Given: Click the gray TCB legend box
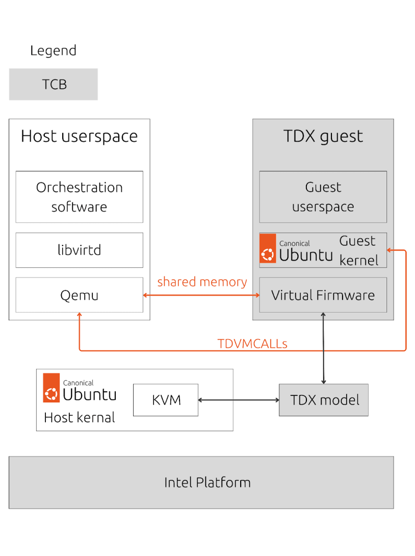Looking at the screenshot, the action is tap(53, 84).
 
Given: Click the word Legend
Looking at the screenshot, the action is tap(53, 50).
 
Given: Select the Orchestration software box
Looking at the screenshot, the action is tap(80, 197).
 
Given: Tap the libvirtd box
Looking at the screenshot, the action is tap(80, 250).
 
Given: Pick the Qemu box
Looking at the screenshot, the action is tap(80, 295).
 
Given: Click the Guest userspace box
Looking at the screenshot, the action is tap(323, 197).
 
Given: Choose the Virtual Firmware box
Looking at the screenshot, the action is tap(323, 295).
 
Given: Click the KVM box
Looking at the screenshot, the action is tap(166, 400).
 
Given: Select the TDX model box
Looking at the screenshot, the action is tap(324, 400).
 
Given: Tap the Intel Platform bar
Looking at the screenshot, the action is tap(201, 483).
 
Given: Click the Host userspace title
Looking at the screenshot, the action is tap(80, 137).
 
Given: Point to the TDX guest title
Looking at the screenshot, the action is tap(323, 137).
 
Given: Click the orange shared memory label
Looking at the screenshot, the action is tap(202, 282).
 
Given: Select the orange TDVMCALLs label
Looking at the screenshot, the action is tap(252, 344).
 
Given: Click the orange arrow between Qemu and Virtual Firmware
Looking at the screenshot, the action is tap(201, 295).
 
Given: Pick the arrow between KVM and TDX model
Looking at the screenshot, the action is tap(239, 400).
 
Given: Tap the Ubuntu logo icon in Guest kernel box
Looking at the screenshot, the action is tap(268, 248).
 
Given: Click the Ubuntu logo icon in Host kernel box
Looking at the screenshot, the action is tap(51, 388).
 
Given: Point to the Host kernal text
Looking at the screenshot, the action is tap(80, 418).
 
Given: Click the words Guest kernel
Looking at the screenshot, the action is tap(358, 250).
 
